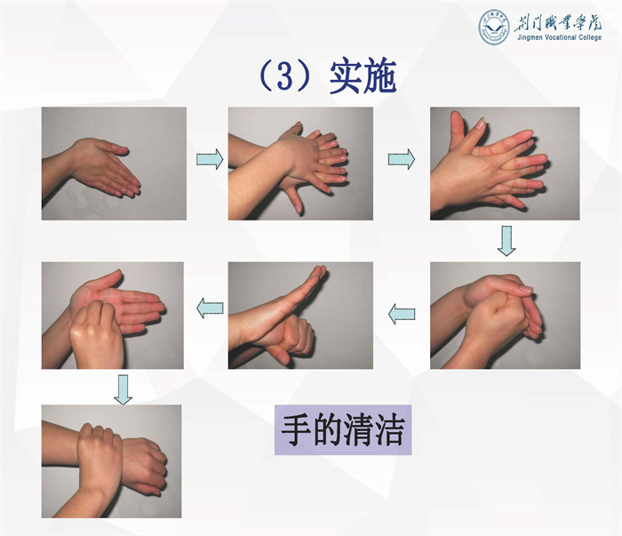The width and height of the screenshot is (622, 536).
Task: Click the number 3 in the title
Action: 284,76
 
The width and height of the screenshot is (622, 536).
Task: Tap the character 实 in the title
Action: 345,76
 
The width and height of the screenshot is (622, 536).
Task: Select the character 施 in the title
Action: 379,76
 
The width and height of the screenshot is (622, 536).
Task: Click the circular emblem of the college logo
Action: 493,27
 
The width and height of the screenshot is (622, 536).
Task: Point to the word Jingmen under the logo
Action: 530,37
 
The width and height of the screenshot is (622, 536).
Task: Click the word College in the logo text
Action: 590,37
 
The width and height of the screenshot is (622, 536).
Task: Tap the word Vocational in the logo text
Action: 561,37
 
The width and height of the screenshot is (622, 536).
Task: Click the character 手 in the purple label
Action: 296,429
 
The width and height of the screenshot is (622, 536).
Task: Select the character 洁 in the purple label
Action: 388,429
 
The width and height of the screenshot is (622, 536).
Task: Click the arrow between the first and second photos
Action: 210,159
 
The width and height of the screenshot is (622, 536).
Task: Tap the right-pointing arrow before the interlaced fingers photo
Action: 402,159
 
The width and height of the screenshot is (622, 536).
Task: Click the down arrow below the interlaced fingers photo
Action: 506,241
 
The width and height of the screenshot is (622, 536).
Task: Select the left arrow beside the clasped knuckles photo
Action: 402,314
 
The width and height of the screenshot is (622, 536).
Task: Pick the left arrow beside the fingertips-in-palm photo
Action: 210,308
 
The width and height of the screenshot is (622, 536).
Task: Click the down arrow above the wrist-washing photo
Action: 123,390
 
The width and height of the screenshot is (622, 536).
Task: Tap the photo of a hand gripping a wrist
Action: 111,461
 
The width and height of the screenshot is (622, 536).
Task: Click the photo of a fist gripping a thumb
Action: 300,315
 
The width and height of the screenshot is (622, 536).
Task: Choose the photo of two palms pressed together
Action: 114,164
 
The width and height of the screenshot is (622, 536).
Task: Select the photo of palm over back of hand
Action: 300,164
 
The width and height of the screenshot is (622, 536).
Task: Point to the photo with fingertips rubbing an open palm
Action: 113,315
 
